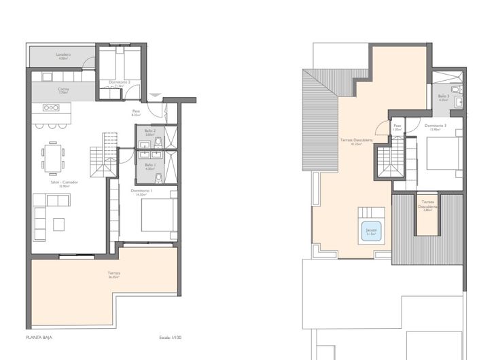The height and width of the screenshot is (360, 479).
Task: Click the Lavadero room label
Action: click(44, 56)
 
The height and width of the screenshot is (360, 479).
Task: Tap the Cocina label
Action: click(44, 91)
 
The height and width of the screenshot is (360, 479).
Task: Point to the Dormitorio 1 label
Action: click(141, 192)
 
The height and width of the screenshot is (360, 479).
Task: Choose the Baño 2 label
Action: click(150, 132)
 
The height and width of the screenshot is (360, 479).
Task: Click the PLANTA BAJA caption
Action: click(39, 337)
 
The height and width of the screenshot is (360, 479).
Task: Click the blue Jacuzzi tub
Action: click(370, 231)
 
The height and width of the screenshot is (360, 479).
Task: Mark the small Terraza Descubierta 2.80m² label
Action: click(427, 206)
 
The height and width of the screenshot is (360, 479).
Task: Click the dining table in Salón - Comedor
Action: click(53, 157)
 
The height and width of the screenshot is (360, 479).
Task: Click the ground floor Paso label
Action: click(136, 113)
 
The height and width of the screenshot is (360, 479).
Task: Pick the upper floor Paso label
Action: click(397, 127)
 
